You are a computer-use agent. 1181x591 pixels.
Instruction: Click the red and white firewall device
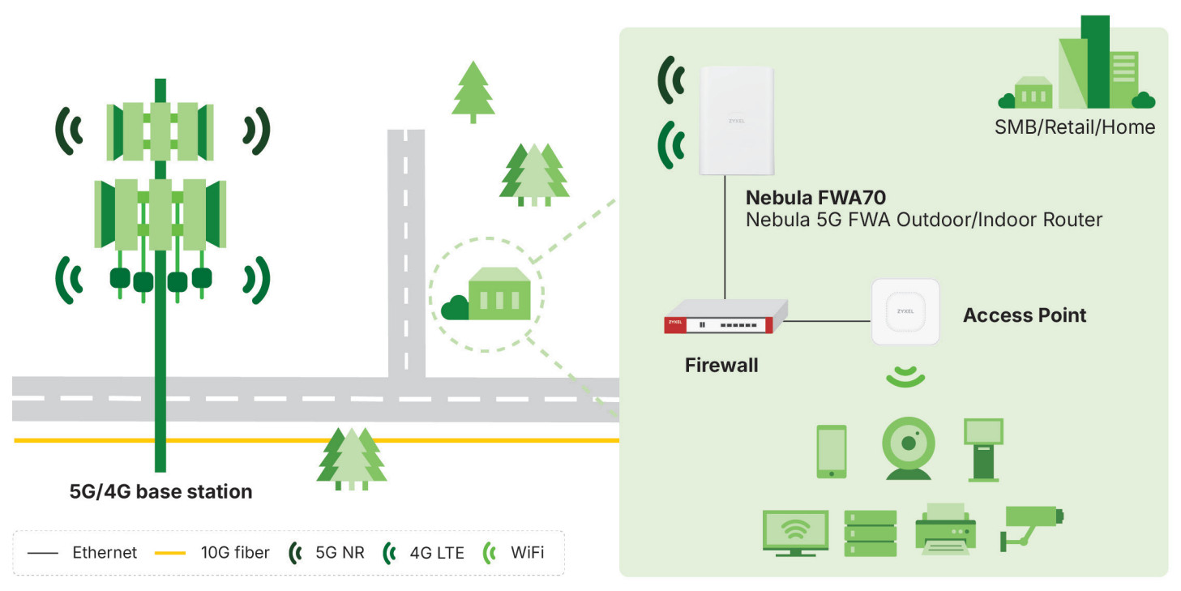coord(726,317)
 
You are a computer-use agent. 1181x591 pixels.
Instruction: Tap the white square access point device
coord(905,311)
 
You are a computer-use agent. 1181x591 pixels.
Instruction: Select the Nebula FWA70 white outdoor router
coord(737,121)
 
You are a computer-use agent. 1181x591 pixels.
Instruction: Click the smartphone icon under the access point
coord(832,452)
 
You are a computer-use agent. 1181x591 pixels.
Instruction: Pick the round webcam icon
coord(909,448)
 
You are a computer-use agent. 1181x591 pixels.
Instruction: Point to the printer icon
coord(946,529)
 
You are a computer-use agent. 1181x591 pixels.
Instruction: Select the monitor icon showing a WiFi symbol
coord(795,533)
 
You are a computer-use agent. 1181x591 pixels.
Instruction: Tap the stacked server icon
coord(870,533)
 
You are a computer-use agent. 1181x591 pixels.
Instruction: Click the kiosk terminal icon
coord(983,450)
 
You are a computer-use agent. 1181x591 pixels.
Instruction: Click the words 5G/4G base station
coord(160,491)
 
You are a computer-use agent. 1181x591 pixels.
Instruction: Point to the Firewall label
coord(721,365)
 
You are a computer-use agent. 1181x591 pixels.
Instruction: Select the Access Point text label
coord(1025,315)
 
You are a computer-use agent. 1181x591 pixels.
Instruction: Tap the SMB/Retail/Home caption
coord(1075,127)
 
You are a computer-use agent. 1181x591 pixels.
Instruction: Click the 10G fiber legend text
coord(234,552)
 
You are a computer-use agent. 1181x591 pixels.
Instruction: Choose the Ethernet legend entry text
coord(105,552)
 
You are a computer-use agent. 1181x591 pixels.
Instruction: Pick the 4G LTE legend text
coord(437,552)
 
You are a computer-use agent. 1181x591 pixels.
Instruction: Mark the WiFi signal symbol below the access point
coord(905,376)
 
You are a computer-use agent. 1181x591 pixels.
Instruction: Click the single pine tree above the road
coord(473,92)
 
